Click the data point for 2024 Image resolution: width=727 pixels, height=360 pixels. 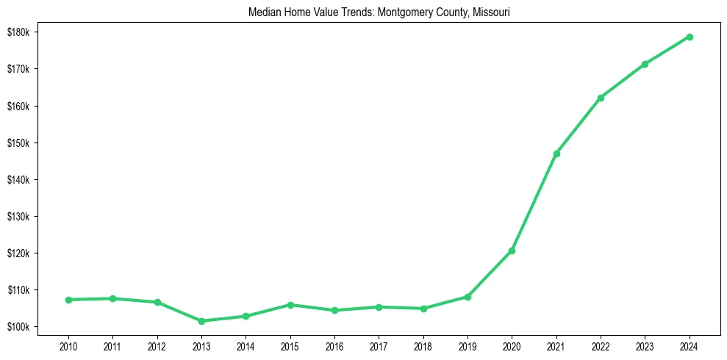[x=690, y=37]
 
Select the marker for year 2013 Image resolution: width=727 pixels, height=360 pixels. [x=201, y=321]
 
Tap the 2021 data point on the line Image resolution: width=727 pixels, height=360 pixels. [x=556, y=154]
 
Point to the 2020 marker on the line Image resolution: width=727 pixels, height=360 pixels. [x=512, y=251]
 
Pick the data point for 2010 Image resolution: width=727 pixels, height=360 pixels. [x=68, y=300]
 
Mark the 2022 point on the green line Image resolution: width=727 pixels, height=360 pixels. [x=601, y=98]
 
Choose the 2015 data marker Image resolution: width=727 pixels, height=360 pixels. [x=290, y=305]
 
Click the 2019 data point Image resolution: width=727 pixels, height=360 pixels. [x=468, y=297]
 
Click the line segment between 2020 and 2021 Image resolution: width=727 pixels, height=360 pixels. [x=534, y=202]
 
